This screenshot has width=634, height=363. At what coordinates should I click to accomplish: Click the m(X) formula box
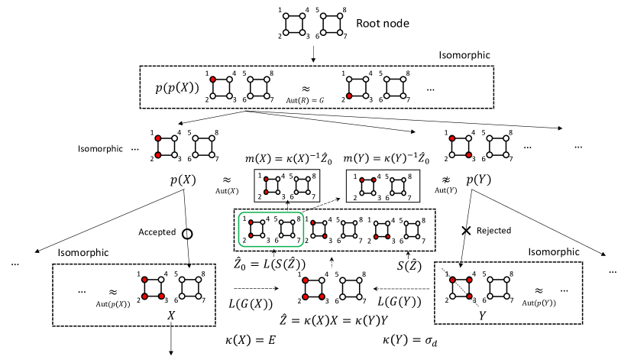click(x=286, y=158)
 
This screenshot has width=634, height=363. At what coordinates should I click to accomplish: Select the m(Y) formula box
click(x=383, y=158)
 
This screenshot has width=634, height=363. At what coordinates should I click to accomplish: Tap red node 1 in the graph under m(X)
click(x=266, y=179)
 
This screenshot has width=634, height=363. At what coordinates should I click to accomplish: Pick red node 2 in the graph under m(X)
click(x=266, y=192)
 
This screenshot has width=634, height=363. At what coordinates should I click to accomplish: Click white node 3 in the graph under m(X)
click(x=278, y=192)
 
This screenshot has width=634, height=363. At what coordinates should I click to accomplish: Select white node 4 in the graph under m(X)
click(x=278, y=179)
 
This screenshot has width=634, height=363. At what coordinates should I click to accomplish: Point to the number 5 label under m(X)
click(x=291, y=176)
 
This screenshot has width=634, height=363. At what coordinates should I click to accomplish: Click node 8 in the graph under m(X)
click(x=308, y=180)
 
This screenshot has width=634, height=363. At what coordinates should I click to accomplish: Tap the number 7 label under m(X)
click(x=313, y=197)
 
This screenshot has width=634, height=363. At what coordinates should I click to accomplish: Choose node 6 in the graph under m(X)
click(x=296, y=192)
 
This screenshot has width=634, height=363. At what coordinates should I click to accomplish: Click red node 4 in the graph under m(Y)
click(x=374, y=180)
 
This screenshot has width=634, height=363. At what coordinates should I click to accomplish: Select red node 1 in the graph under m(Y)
click(x=362, y=180)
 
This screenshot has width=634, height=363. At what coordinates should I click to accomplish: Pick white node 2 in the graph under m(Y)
click(x=362, y=193)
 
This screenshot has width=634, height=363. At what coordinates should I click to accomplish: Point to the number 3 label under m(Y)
click(x=379, y=197)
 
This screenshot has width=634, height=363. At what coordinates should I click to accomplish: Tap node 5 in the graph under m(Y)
click(x=393, y=180)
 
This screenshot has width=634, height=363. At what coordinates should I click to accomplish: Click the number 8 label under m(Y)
click(x=409, y=177)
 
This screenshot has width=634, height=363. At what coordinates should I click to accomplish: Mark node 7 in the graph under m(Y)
click(x=403, y=193)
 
